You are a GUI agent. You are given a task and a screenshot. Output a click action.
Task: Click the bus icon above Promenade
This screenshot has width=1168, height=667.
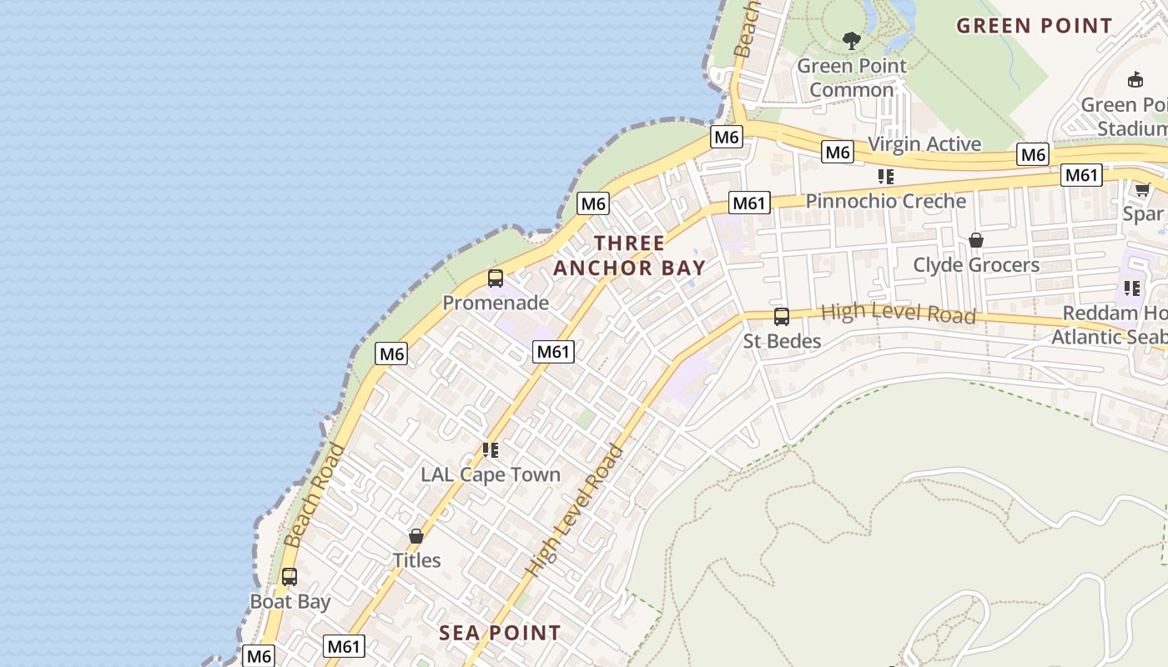(495, 278)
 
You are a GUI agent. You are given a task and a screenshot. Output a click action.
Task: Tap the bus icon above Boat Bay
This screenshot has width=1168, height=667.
(289, 577)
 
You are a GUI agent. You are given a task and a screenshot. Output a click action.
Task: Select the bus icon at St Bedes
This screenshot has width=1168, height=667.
(782, 317)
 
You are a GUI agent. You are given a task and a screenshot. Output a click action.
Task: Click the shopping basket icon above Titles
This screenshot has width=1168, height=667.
(416, 536)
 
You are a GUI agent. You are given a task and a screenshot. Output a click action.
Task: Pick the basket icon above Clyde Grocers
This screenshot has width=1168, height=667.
(975, 241)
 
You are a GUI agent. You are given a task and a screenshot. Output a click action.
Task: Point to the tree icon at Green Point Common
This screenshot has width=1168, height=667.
(851, 40)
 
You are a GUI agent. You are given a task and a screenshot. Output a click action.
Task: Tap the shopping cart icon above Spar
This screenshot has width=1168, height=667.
(1142, 190)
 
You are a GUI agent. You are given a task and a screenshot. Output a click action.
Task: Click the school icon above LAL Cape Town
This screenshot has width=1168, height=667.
(491, 450)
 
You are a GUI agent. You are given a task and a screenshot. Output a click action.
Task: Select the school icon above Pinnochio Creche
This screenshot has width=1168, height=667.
(885, 177)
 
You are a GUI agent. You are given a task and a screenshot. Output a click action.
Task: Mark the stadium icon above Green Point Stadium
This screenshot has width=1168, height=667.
(1135, 80)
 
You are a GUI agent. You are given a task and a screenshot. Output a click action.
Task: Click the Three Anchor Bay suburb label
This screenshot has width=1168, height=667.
(630, 255)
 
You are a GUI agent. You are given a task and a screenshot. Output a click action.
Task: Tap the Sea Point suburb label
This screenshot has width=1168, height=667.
(500, 633)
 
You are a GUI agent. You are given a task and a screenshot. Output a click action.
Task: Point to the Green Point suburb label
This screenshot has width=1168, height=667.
(1035, 26)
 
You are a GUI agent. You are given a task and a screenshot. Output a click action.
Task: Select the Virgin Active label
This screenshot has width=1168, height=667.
(924, 144)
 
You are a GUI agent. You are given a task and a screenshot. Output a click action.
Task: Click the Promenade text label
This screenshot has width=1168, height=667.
(496, 303)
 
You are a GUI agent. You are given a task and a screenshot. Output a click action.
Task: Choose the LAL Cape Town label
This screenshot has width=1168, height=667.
(491, 474)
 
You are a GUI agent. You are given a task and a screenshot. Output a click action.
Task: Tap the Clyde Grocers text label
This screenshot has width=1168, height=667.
(976, 265)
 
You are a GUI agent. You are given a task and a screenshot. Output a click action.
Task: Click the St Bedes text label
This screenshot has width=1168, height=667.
(783, 341)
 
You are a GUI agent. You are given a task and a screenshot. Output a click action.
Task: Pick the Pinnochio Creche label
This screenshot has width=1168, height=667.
(886, 201)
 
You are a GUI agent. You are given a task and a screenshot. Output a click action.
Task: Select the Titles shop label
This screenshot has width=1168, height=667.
(417, 560)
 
